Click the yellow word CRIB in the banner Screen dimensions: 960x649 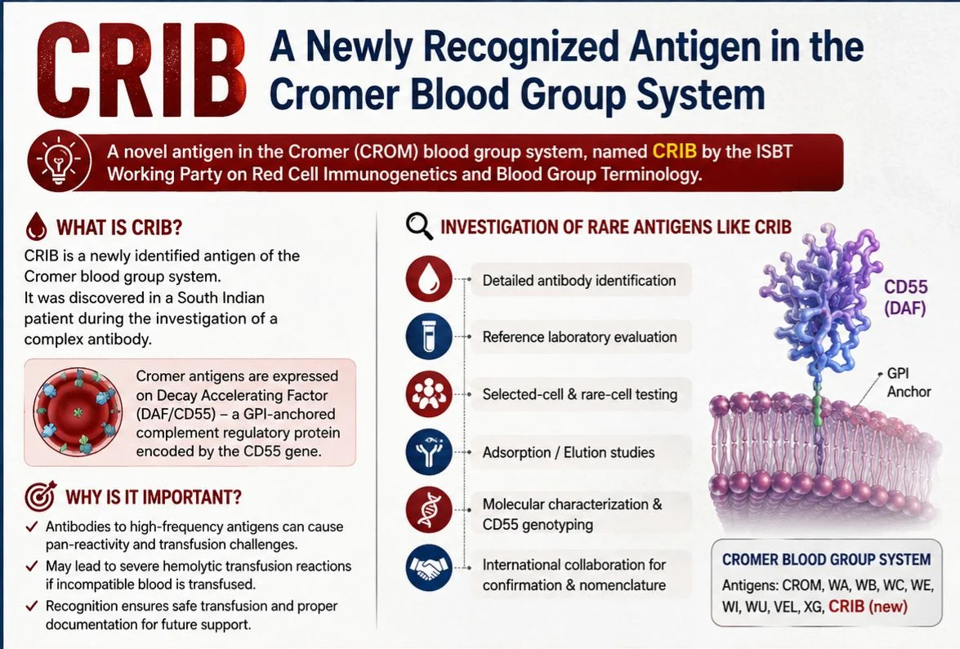pos(674,150)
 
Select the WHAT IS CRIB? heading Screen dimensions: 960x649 pos(119,228)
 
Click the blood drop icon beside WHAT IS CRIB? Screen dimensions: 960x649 pos(37,226)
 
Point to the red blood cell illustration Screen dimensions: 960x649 pos(78,411)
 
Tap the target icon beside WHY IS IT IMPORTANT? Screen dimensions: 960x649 pos(40,496)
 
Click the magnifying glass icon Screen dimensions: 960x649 pos(419,225)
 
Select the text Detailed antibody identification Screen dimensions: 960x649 pos(579,281)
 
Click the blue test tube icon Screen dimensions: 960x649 pos(429,336)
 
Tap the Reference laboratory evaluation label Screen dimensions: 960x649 pos(580,337)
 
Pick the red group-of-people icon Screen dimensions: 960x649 pos(429,394)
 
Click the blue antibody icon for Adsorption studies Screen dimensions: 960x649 pos(429,452)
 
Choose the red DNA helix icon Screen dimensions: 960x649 pos(429,510)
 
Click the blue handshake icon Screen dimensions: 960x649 pos(429,567)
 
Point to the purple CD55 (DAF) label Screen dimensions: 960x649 pos(905,297)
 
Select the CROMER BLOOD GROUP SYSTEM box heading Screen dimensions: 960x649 pos(827,560)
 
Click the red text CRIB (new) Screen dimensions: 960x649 pos(868,607)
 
